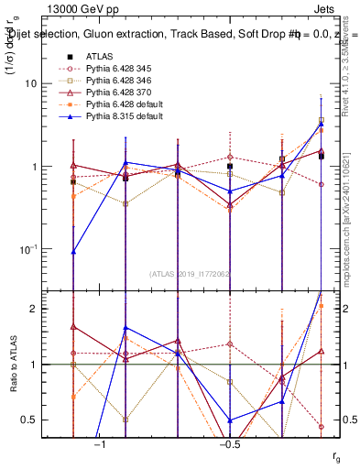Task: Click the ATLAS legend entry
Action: tap(100, 56)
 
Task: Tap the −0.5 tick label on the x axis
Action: tap(228, 445)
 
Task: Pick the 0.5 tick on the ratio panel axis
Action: tap(36, 420)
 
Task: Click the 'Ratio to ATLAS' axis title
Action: tap(14, 364)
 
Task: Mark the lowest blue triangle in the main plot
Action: tap(73, 251)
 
